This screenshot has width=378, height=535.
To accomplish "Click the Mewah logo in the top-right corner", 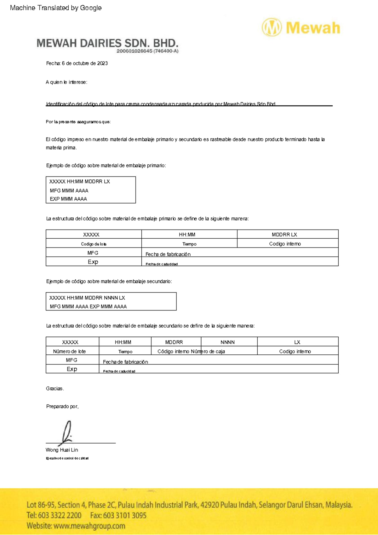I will pyautogui.click(x=301, y=28).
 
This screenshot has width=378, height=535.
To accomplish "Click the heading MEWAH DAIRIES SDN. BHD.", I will pyautogui.click(x=107, y=43).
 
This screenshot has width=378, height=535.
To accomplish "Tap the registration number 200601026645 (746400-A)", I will pyautogui.click(x=147, y=51).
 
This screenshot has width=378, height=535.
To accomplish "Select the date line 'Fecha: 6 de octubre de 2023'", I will pyautogui.click(x=77, y=63).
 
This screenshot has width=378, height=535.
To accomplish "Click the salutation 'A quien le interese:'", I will pyautogui.click(x=66, y=82).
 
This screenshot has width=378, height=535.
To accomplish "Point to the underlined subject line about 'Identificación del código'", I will pyautogui.click(x=161, y=104).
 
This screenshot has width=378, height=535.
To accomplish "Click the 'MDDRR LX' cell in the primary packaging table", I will pyautogui.click(x=284, y=235).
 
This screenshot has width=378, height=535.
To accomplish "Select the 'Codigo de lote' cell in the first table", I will pyautogui.click(x=94, y=244).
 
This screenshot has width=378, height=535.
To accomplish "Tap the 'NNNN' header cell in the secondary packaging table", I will pyautogui.click(x=227, y=342).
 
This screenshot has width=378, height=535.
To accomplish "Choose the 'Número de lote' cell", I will pyautogui.click(x=69, y=351).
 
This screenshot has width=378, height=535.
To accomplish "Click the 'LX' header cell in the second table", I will pyautogui.click(x=297, y=342).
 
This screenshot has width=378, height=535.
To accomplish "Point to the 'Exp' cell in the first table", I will pyautogui.click(x=93, y=262).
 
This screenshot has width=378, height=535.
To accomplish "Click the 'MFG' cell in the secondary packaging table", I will pyautogui.click(x=72, y=360).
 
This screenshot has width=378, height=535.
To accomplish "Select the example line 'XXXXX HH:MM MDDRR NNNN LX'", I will pyautogui.click(x=87, y=298).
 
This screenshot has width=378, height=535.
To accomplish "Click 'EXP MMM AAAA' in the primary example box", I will pyautogui.click(x=68, y=199).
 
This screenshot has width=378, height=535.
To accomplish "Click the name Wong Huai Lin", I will pyautogui.click(x=62, y=450).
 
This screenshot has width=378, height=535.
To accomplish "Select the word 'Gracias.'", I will pyautogui.click(x=55, y=389).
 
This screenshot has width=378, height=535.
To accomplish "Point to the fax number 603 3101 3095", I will pyautogui.click(x=118, y=515).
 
